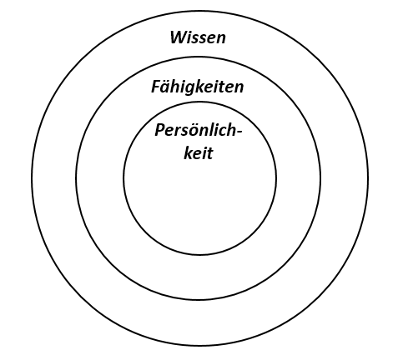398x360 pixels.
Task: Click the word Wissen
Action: [198, 37]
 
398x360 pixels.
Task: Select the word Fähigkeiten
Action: [198, 87]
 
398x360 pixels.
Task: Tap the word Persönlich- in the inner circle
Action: [199, 130]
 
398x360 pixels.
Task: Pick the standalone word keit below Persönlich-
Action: [199, 153]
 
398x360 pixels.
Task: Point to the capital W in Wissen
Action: [179, 37]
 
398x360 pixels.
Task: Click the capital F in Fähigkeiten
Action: [156, 87]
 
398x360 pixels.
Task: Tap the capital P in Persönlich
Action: [160, 130]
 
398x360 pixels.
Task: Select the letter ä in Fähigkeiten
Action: [167, 87]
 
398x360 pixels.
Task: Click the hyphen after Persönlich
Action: [239, 132]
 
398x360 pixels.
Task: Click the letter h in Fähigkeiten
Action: [177, 87]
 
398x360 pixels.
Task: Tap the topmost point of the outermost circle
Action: [199, 11]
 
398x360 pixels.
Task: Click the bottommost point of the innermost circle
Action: [199, 254]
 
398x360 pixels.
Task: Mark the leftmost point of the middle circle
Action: [76, 178]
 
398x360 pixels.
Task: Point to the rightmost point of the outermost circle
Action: [368, 178]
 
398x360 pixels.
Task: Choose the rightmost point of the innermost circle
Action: [276, 178]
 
